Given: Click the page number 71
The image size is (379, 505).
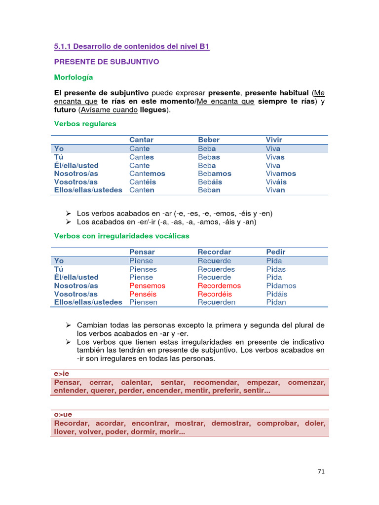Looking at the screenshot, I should tap(321, 471).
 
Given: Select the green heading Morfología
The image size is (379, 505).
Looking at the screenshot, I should tap(73, 77).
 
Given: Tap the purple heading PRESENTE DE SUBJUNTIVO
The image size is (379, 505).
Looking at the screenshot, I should tap(107, 62).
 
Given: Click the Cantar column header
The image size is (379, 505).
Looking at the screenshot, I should tap(141, 140).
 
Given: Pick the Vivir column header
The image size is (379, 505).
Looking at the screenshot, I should tap(274, 140).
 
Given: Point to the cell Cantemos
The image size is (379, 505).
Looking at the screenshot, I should tap(147, 174).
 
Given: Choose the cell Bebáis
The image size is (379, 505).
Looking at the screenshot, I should tap(210, 182).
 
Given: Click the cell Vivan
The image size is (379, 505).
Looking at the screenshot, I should tap(275, 190).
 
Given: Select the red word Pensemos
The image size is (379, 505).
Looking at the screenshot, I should tap(147, 286).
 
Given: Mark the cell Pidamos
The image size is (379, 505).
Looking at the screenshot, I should tap(281, 286).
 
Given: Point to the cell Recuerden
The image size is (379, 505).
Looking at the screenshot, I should tap(216, 302).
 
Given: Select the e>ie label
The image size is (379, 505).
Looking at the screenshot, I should tap(62, 373).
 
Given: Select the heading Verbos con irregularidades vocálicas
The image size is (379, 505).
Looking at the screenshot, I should tap(121, 236).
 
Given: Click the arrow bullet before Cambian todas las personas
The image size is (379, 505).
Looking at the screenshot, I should tap(69, 325).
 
